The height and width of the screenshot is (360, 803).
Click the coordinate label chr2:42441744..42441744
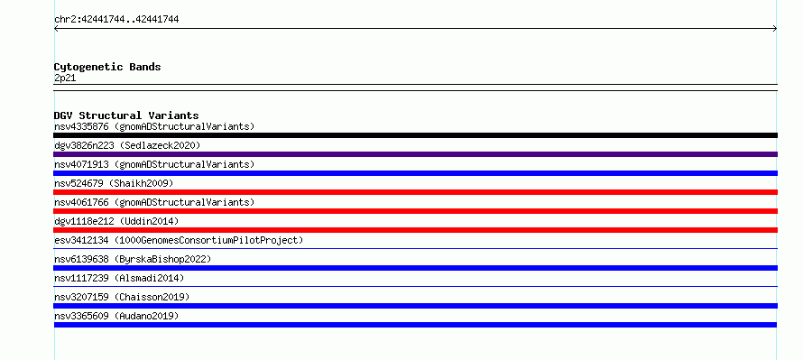point(116,20)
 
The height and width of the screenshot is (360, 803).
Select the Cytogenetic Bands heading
point(107,67)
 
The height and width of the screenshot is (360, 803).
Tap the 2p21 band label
point(65,78)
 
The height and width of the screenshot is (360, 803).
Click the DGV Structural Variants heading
point(126,115)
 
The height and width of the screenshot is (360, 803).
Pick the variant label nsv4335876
point(81,126)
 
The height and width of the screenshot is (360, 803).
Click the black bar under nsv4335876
point(415,135)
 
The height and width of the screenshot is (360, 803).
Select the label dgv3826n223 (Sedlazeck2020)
point(127,145)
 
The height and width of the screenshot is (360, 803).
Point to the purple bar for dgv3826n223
point(415,154)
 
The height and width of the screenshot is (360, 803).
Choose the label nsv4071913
point(81,164)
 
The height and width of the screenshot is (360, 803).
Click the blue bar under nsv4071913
point(415,173)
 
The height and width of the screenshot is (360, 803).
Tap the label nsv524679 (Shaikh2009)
point(114,183)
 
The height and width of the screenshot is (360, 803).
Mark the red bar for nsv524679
point(415,192)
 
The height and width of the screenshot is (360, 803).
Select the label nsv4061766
point(81,202)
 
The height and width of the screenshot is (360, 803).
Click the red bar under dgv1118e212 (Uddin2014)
point(415,230)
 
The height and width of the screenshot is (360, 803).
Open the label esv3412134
point(81,240)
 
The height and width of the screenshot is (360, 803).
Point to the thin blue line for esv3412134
point(415,249)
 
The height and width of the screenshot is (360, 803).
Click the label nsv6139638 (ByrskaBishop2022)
point(133,259)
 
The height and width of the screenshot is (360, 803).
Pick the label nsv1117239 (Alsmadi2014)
point(119,278)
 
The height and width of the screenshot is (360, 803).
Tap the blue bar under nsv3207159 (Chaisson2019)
point(415,306)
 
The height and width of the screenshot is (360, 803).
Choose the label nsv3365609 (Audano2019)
point(116,316)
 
